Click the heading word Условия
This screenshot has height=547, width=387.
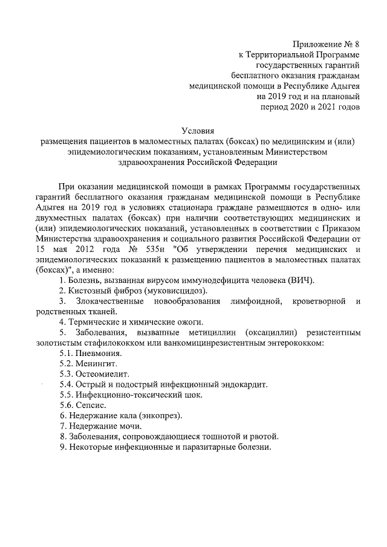pos(198,130)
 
